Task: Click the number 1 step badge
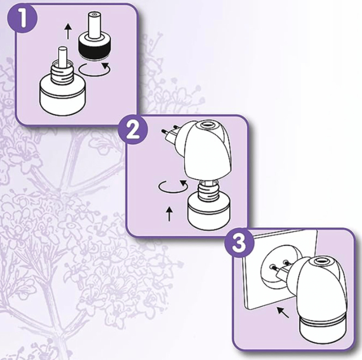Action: click(23, 19)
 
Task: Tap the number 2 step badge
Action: click(133, 130)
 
